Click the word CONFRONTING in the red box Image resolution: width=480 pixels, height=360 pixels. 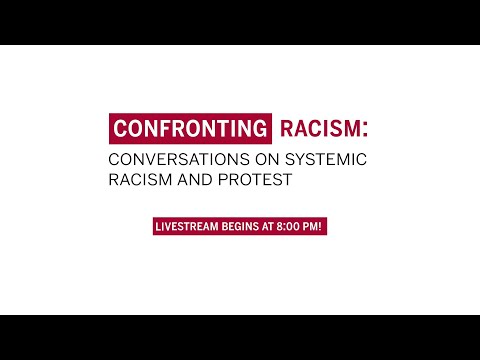pos(189,129)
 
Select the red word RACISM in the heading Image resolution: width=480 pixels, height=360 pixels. pos(311,129)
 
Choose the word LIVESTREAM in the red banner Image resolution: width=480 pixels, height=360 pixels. pos(186,226)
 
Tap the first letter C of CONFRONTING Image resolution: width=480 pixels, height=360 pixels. pos(119,129)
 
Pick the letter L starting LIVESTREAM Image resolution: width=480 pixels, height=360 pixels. pos(156,226)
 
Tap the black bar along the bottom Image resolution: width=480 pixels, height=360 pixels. pos(240,337)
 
